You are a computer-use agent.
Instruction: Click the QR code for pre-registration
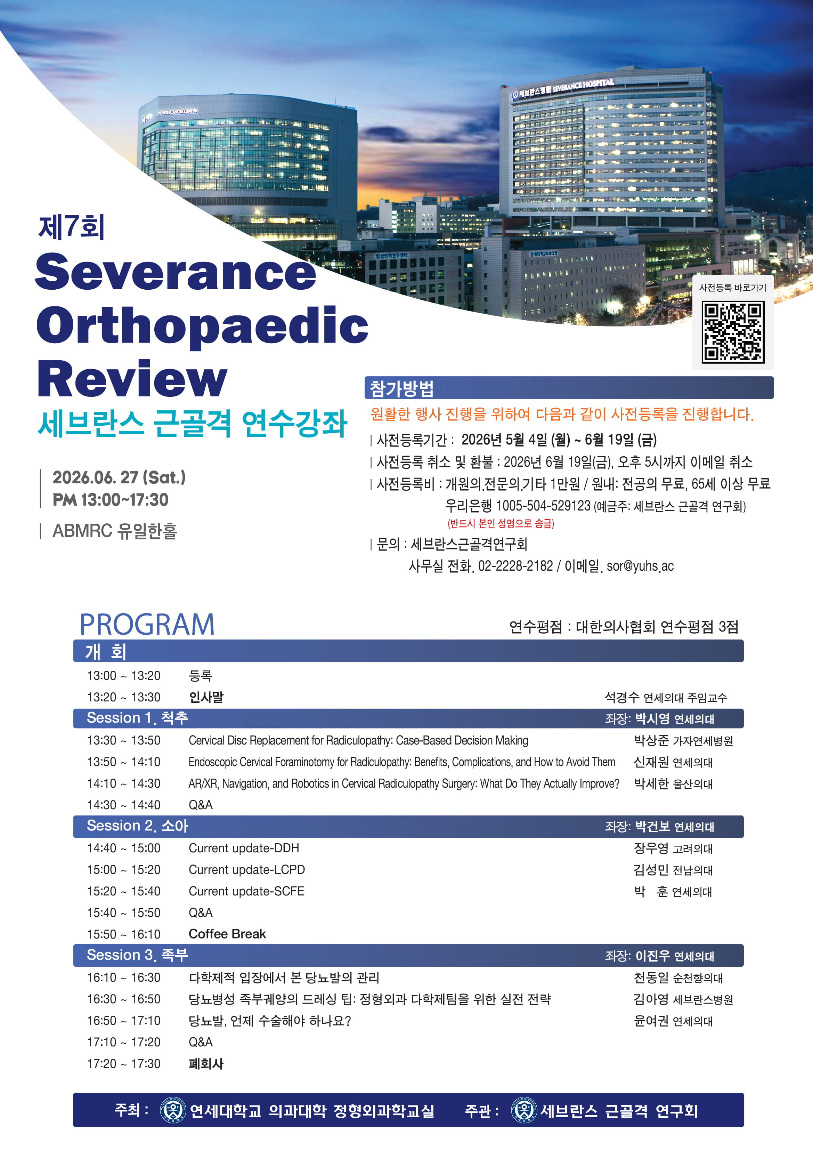(x=732, y=331)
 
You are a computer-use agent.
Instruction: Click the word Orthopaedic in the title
(x=202, y=325)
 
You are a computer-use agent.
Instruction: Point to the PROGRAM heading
(x=147, y=624)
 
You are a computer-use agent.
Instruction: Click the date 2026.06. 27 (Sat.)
(x=119, y=477)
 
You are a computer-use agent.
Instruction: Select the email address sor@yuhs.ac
(x=640, y=566)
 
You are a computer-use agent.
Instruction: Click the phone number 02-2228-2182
(x=515, y=566)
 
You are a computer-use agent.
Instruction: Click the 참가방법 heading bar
(x=569, y=388)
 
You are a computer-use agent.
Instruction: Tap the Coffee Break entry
(x=227, y=934)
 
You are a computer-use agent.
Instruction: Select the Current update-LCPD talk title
(x=247, y=869)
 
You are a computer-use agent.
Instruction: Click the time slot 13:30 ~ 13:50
(x=124, y=740)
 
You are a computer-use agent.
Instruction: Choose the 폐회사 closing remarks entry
(x=206, y=1063)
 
